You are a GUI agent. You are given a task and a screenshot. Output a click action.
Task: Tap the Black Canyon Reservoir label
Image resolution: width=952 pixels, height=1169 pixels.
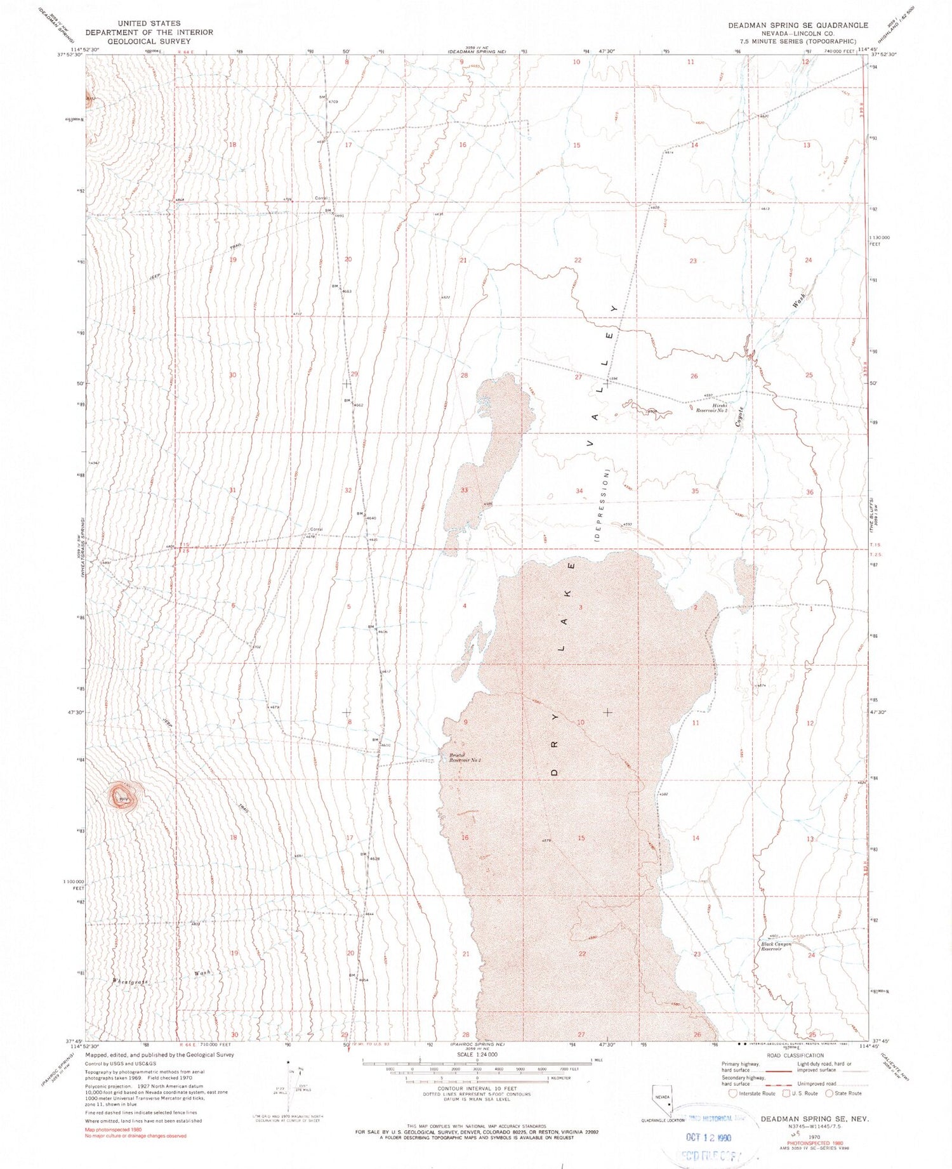(x=776, y=946)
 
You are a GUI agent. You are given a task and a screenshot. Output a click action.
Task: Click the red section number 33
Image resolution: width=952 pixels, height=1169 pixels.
(x=464, y=490)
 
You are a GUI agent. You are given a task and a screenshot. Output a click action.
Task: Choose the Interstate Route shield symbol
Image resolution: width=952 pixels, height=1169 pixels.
(x=733, y=1093)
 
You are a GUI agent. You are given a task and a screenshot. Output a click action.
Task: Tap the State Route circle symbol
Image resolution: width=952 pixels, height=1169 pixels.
(x=828, y=1093)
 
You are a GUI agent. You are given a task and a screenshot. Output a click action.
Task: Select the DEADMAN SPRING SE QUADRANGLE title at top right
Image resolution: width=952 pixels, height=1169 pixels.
(x=798, y=25)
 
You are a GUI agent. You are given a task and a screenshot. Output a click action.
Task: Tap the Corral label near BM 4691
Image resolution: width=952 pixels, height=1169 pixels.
(x=321, y=198)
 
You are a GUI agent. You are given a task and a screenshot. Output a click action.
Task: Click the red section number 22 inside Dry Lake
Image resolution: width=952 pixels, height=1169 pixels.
(x=582, y=954)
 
